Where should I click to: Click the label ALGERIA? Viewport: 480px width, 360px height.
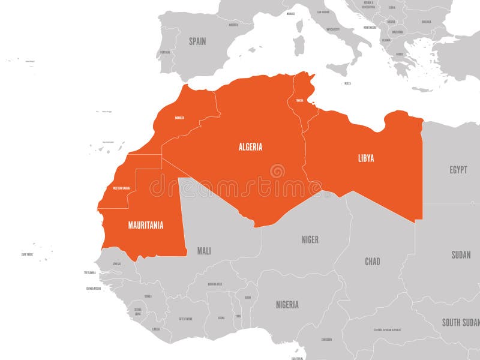click(250, 146)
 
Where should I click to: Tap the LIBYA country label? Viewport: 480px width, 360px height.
click(366, 158)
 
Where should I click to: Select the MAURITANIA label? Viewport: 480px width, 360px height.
click(146, 226)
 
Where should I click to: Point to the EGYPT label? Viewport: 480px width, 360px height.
click(458, 170)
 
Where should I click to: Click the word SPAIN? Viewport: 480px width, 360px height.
click(197, 41)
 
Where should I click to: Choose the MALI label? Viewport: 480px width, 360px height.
click(204, 251)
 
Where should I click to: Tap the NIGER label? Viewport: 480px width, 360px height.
click(310, 239)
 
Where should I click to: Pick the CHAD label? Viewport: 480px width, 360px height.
click(373, 262)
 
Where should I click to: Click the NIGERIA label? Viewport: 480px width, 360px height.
click(287, 304)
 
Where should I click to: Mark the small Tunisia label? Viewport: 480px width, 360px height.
click(299, 100)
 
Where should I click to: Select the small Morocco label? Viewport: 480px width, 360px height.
click(179, 118)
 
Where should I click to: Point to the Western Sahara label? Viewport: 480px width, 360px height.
click(121, 188)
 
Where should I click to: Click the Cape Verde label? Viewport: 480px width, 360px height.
click(27, 254)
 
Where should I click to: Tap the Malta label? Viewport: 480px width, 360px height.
click(347, 83)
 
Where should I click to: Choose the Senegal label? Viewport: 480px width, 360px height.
click(116, 263)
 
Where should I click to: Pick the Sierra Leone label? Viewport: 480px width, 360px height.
click(138, 312)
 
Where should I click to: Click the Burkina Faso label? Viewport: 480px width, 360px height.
click(215, 284)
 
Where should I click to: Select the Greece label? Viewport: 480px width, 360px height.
click(400, 54)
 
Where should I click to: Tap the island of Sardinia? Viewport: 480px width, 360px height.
click(298, 45)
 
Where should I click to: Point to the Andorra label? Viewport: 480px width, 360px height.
click(233, 25)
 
